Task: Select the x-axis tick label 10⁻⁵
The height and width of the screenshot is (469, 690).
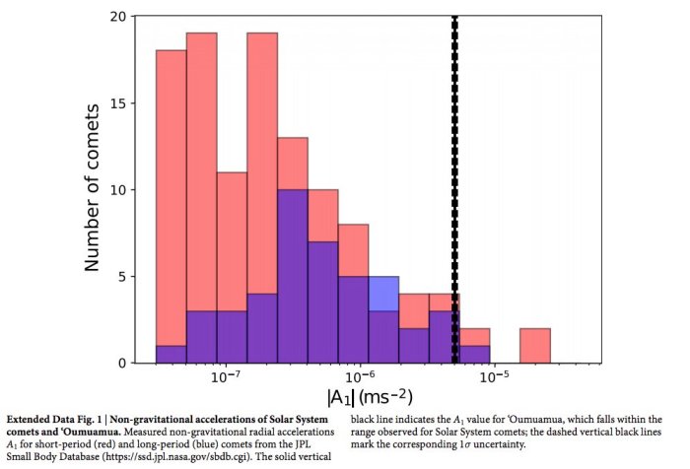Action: click(493, 379)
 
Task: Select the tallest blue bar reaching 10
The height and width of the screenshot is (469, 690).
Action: click(293, 276)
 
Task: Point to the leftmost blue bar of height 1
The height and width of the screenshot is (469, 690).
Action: click(171, 354)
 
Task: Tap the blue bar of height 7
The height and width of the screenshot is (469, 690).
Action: click(323, 301)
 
